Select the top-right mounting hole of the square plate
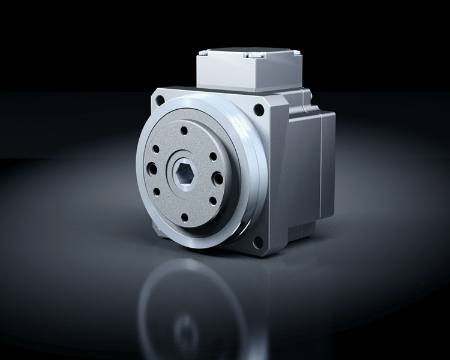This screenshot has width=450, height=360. click(x=259, y=110)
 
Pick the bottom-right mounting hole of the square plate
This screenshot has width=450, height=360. click(x=258, y=242)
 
